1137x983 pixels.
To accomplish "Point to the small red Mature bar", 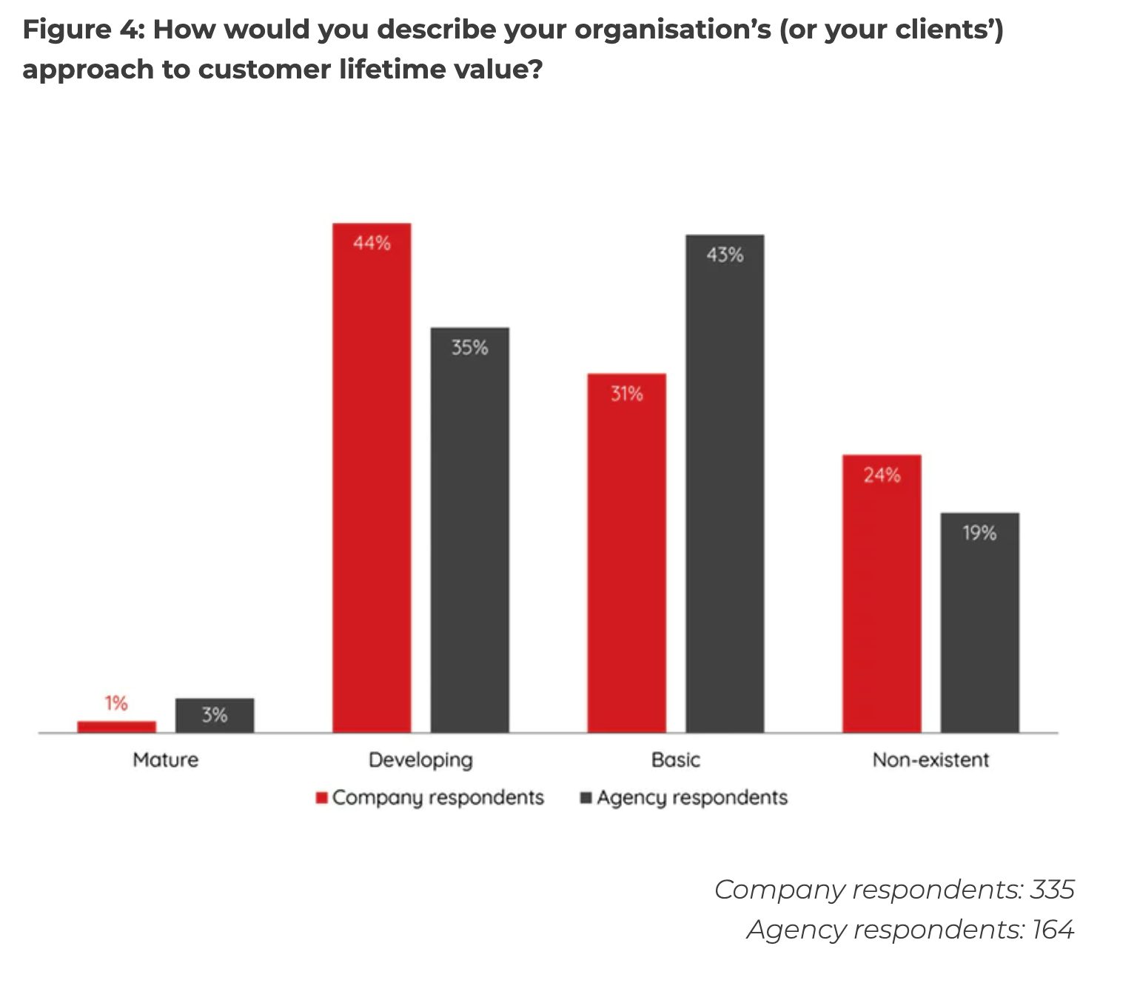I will [x=117, y=726].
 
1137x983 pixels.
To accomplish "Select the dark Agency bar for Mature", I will [x=215, y=715].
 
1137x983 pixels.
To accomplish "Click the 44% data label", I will [x=372, y=243].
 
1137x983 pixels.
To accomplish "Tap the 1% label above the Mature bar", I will [x=116, y=702].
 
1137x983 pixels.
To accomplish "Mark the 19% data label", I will [x=979, y=533].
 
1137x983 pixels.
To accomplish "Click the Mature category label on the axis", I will [x=166, y=759].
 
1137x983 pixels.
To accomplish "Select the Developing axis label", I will [x=420, y=760].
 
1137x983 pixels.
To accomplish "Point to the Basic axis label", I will [x=676, y=759].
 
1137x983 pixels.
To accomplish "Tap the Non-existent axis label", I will [x=930, y=759].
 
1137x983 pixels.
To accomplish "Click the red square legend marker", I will [x=322, y=797].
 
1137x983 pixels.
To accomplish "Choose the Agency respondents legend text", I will [x=692, y=797].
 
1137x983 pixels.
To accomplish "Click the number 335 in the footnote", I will [x=1052, y=889].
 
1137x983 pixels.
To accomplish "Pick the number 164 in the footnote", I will [x=1053, y=929].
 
